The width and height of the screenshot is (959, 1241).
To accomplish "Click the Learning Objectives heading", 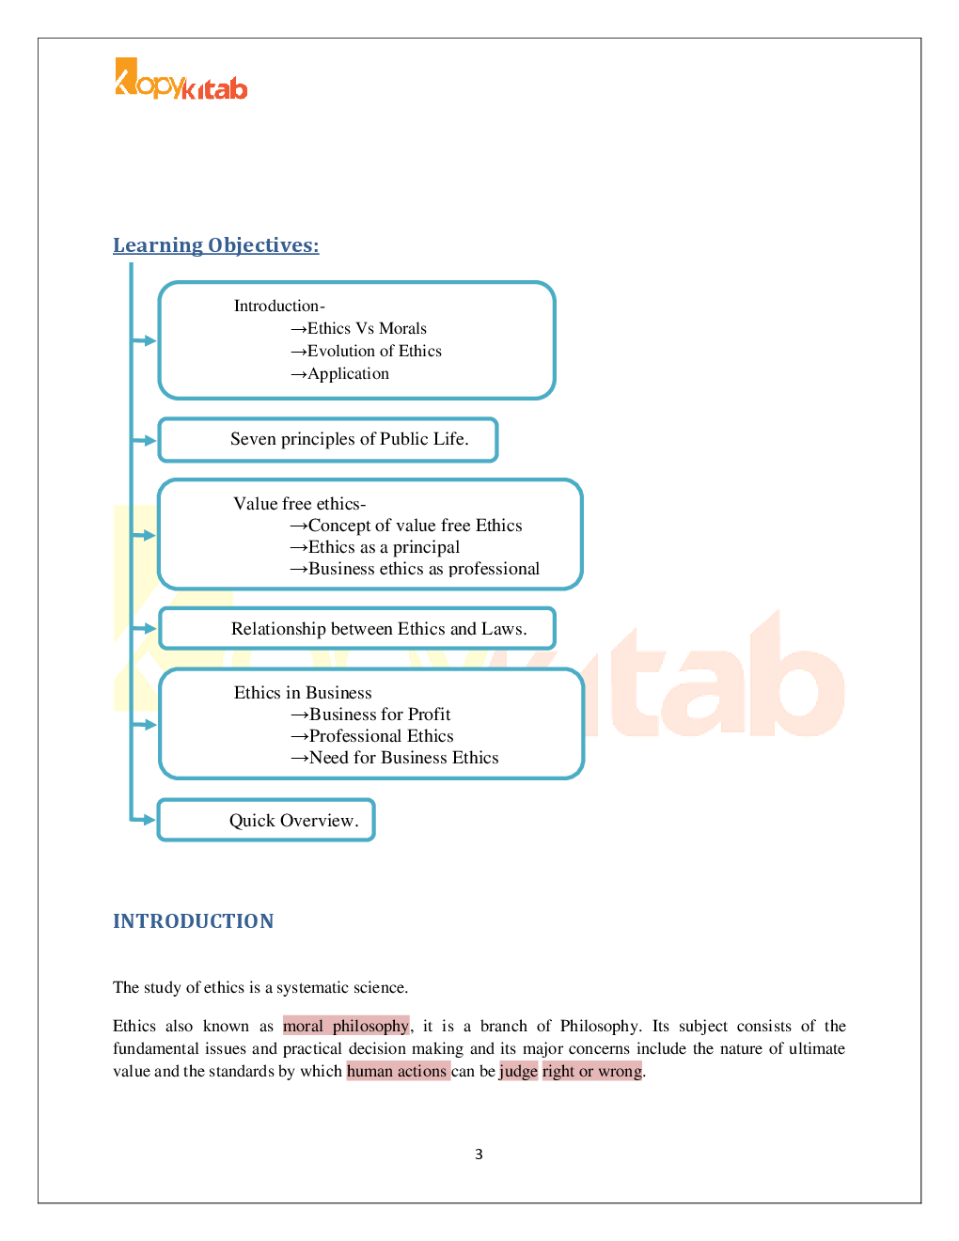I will coord(215,245).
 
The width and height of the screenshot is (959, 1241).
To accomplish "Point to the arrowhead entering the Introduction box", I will coord(148,340).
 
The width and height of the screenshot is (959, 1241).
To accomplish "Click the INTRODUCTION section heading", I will coord(193,921).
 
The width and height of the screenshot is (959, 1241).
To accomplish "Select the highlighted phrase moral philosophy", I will coord(346,1026).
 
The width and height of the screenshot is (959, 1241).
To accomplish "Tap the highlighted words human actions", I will coord(397,1071).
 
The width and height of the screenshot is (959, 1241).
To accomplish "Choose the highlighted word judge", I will coord(518,1071).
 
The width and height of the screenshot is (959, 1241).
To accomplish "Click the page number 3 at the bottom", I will coord(479,1155).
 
